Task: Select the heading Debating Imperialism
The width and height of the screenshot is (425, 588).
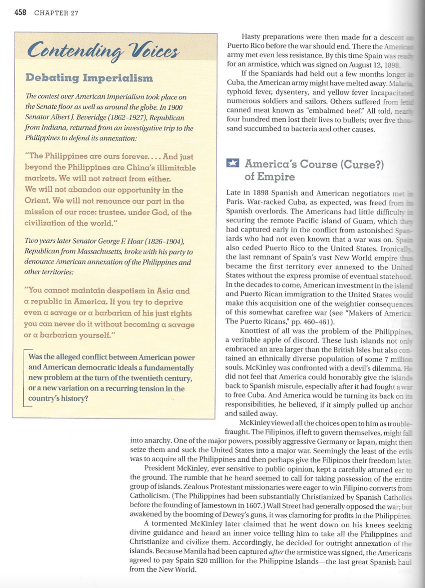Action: (x=89, y=77)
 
